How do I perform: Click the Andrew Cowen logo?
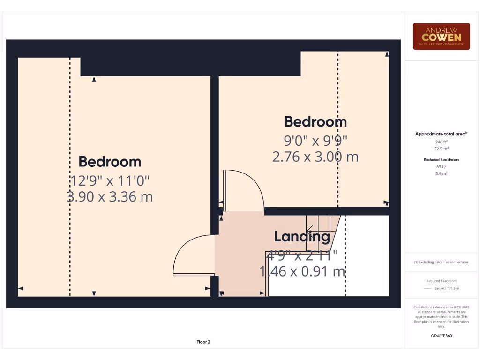pos(441,36)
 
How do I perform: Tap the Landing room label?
pos(302,237)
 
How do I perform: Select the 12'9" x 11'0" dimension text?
pos(110,180)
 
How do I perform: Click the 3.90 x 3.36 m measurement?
pos(110,196)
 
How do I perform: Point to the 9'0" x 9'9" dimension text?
pos(315,140)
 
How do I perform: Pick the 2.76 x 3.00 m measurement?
pos(315,156)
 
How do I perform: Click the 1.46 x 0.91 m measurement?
pos(302,271)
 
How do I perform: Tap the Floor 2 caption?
pos(203,342)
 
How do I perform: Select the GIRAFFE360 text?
pos(441,336)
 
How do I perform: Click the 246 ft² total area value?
pos(441,142)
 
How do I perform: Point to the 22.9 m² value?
pos(441,149)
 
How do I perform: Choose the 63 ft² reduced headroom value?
pos(441,166)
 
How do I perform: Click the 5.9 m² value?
pos(441,173)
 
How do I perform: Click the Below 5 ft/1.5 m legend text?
pos(447,288)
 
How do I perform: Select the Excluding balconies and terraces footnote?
pos(441,262)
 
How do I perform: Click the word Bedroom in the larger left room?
pos(110,162)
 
